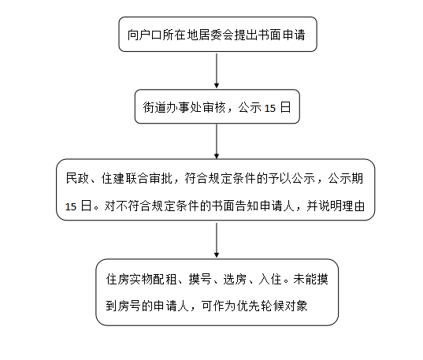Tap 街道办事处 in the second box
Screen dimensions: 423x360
coord(173,107)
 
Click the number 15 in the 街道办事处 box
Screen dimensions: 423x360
coord(269,108)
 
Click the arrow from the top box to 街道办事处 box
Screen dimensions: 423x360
coord(217,70)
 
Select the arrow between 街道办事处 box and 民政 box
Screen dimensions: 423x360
coord(217,141)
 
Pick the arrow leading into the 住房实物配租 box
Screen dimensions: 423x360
coord(217,240)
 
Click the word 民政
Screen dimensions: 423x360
coord(77,178)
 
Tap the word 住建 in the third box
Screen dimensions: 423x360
coord(113,178)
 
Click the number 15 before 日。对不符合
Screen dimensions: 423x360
coord(71,207)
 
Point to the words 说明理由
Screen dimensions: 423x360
coord(342,206)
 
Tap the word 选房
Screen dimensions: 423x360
coord(235,279)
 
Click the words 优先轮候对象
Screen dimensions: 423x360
coord(273,306)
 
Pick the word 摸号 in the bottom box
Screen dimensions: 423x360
coord(200,279)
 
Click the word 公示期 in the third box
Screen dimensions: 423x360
coord(346,178)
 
